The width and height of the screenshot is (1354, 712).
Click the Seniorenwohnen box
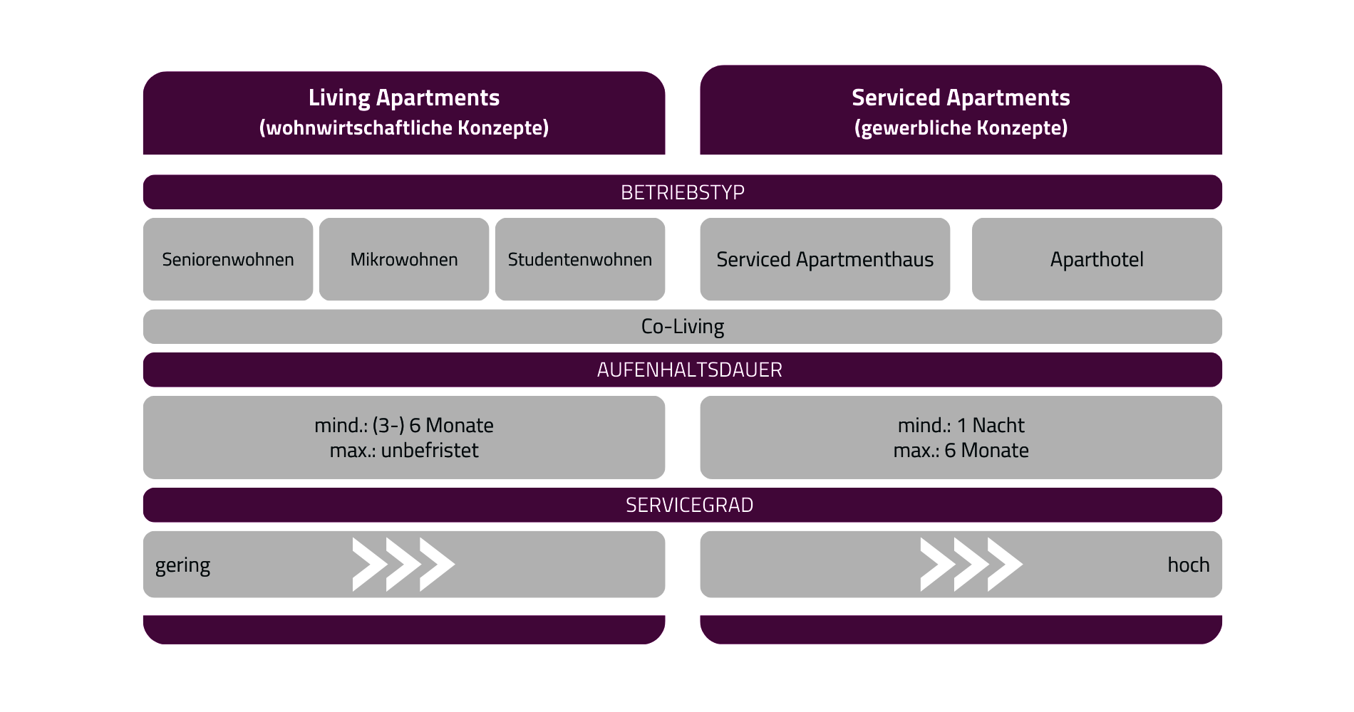coord(228,259)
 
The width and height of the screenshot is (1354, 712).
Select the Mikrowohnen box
coord(404,259)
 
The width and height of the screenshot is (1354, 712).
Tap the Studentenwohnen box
coord(580,259)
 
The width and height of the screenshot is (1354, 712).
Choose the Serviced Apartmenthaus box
coord(825,259)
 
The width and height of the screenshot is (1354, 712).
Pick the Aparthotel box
coord(1097,259)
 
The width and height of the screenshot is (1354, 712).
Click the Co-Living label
coord(683,327)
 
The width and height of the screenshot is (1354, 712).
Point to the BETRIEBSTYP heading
coord(683,192)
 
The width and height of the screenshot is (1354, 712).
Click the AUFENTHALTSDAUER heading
coord(690,370)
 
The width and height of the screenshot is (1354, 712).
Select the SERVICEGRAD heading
coord(690,506)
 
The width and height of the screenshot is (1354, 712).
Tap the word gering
coord(182,565)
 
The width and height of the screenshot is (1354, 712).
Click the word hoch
coord(1189,565)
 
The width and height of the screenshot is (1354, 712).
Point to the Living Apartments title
coord(404,98)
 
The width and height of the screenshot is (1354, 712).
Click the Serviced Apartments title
coord(961,98)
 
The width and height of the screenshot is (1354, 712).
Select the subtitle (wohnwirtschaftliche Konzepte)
coord(404,128)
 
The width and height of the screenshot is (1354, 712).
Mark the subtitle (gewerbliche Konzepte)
coord(961,128)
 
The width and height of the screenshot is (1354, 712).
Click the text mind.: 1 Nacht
coord(961,426)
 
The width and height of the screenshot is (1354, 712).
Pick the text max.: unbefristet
coord(404,451)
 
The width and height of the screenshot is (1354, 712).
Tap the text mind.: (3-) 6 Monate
coord(404,426)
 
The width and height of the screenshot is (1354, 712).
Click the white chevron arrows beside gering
coord(403,565)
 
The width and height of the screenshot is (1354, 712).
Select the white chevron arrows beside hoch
coord(971,565)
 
